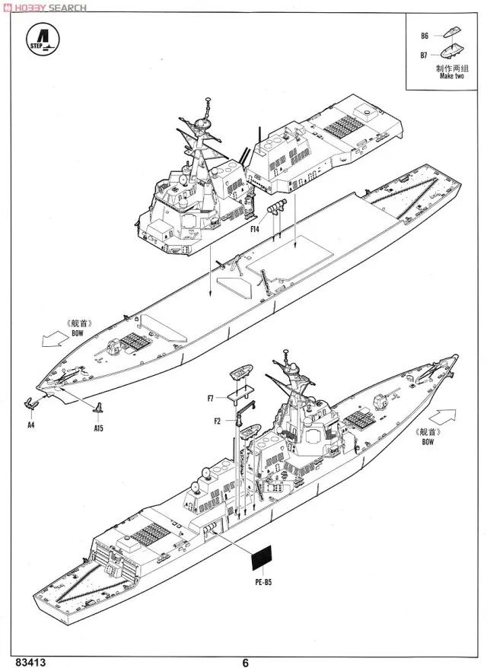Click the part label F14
click(x=253, y=227)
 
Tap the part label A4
click(x=30, y=425)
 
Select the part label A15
click(x=98, y=429)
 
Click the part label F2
click(x=218, y=420)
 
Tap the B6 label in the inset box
click(x=425, y=36)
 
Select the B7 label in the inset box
click(x=425, y=55)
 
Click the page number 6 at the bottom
click(x=245, y=660)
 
